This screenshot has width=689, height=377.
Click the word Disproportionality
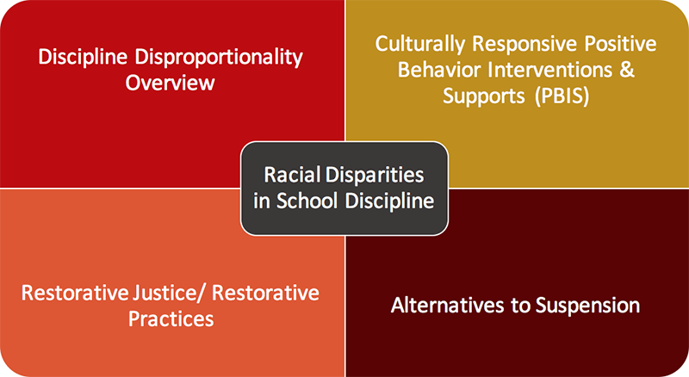(219, 58)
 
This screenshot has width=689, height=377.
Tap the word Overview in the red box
(170, 83)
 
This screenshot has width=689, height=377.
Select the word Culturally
(420, 45)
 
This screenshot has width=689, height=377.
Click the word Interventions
(554, 70)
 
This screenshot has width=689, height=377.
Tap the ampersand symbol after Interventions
(628, 70)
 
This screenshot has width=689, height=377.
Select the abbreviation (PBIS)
(562, 96)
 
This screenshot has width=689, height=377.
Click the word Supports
(484, 97)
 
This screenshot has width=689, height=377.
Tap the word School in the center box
(307, 201)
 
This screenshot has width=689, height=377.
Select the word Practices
(171, 319)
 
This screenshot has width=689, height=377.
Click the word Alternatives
(447, 306)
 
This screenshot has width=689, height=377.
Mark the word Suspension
(588, 306)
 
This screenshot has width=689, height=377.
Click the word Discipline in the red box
(83, 58)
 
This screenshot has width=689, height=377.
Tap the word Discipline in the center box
(389, 201)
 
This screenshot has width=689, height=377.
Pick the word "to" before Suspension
(519, 306)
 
